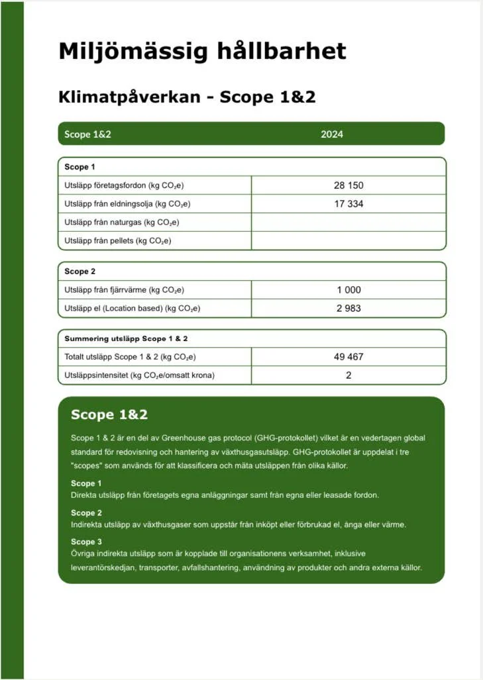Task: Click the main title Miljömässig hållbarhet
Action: pos(202,51)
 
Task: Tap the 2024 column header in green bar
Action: pos(332,134)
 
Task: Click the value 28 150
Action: pos(349,185)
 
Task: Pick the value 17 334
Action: pos(349,204)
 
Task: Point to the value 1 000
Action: pos(349,289)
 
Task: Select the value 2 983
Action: pos(349,308)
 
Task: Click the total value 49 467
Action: pos(349,357)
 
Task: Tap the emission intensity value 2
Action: pos(349,375)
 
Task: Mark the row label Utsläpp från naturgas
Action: pos(122,222)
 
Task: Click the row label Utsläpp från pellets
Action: pos(117,241)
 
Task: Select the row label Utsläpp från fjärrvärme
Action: pos(124,290)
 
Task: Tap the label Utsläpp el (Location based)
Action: pos(132,309)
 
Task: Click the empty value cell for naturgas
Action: pos(349,222)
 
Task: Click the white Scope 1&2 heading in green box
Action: pos(109,415)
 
